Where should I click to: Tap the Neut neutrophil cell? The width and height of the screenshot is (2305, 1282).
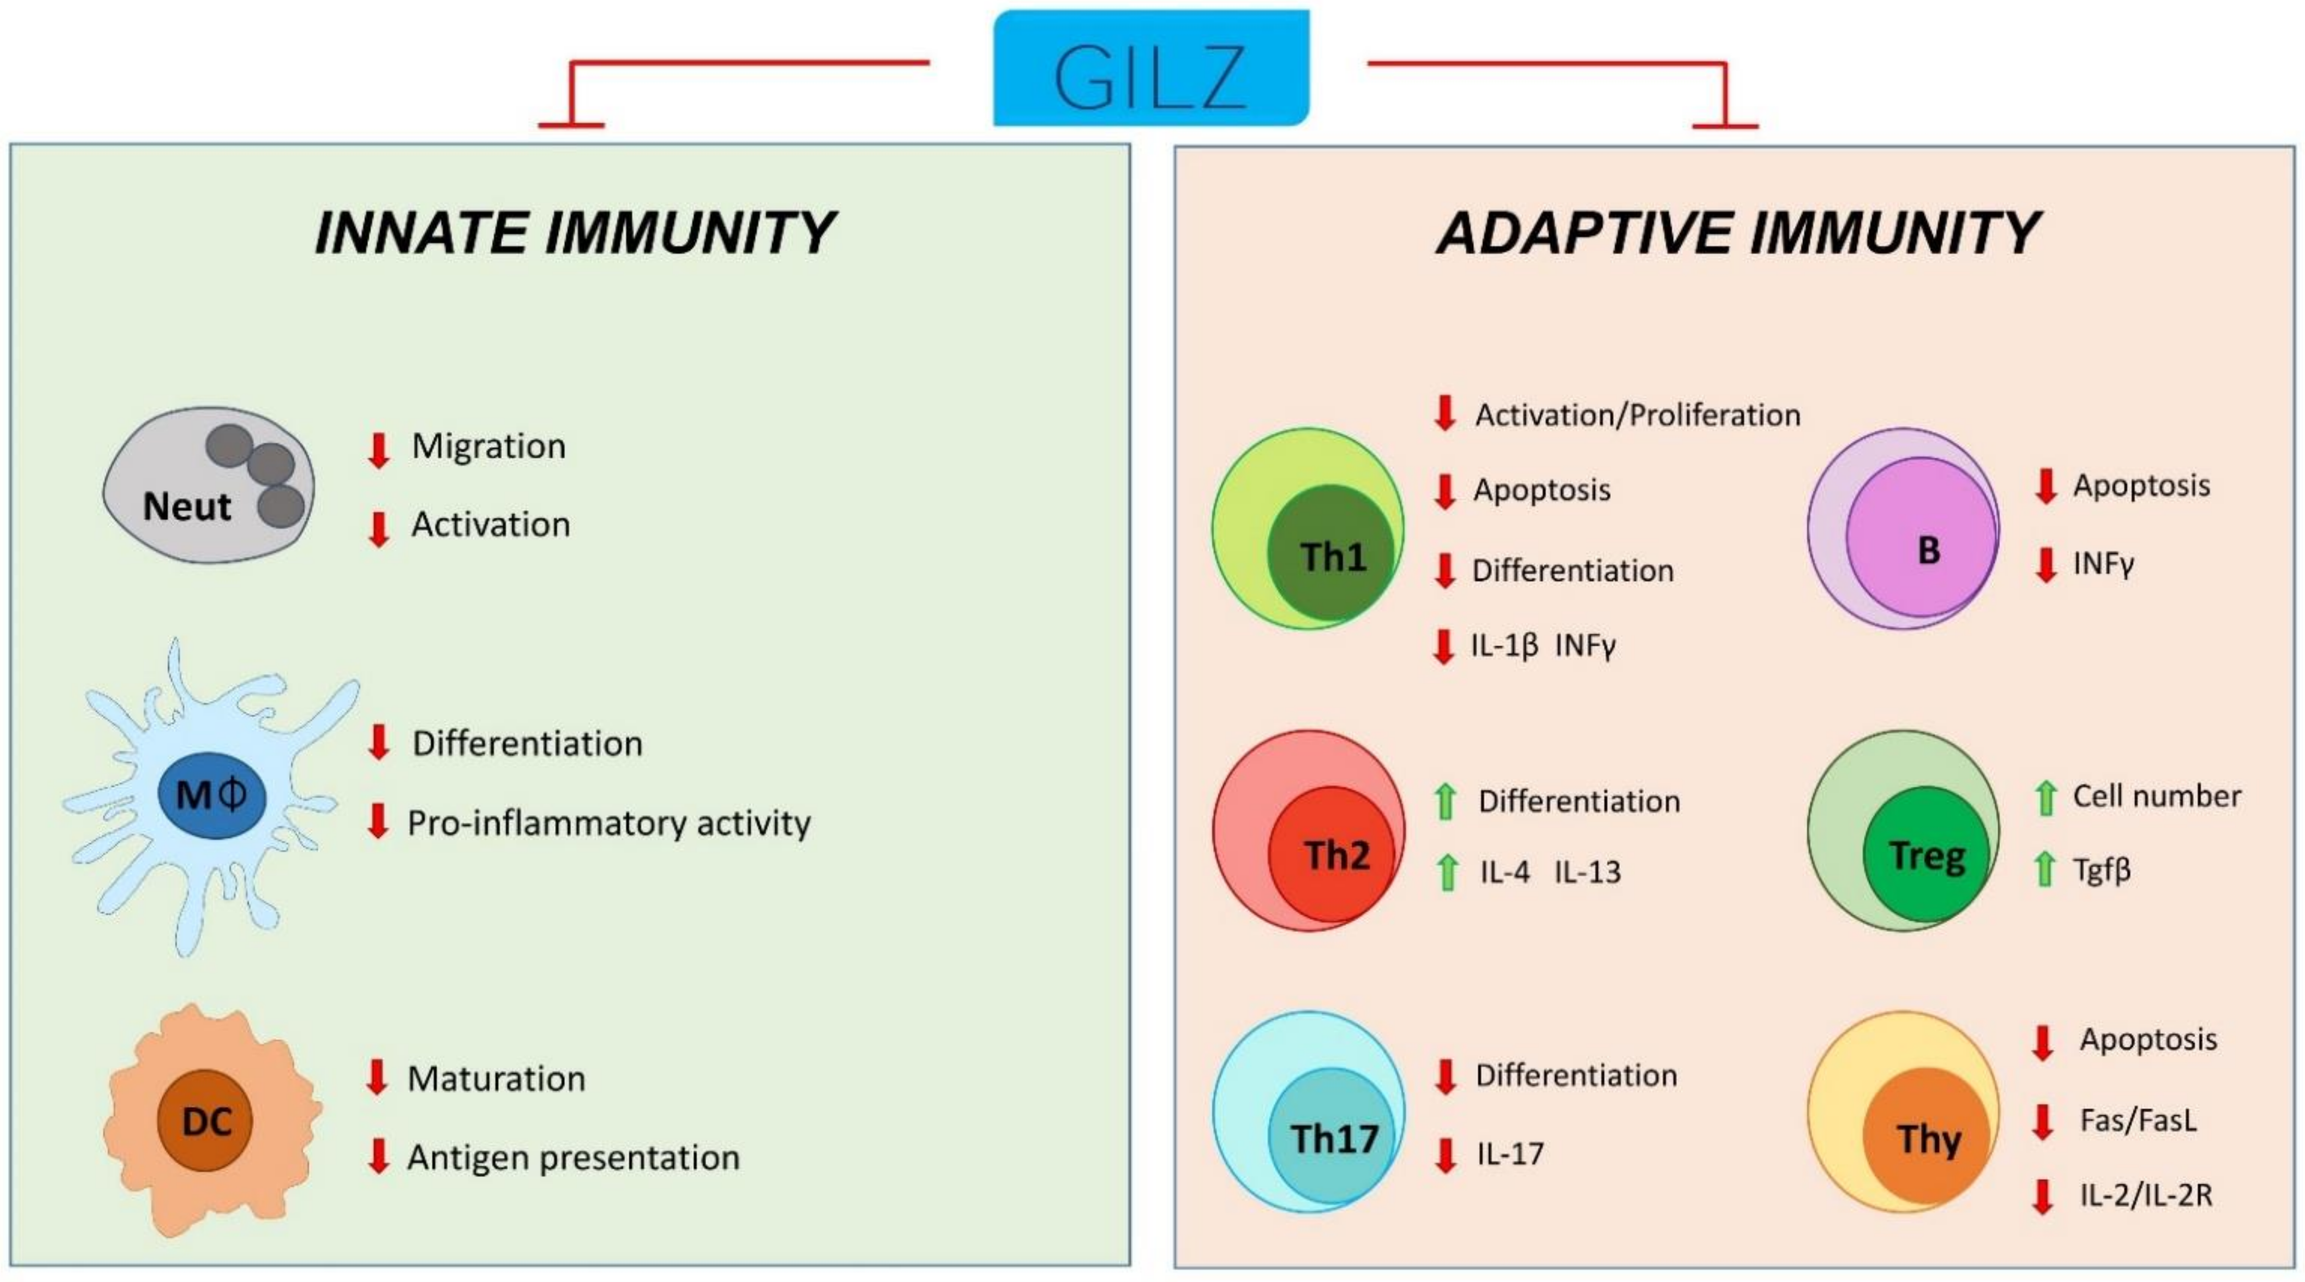click(x=208, y=485)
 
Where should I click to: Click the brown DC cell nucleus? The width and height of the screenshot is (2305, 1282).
click(x=206, y=1121)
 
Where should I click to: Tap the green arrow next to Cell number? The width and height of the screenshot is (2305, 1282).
click(x=2044, y=798)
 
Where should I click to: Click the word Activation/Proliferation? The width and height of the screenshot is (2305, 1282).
click(x=1637, y=416)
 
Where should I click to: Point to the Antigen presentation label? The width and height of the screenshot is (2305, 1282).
click(x=573, y=1157)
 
